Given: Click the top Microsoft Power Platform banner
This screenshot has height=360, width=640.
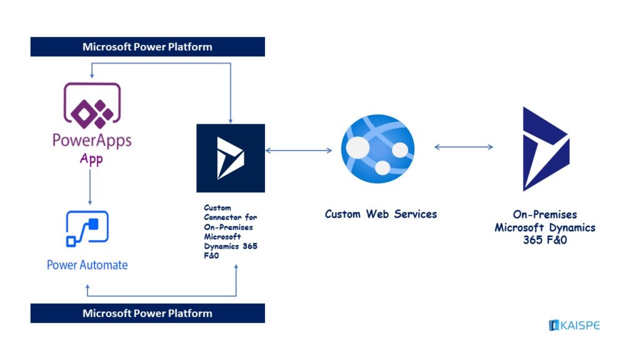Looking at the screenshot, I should [x=147, y=47].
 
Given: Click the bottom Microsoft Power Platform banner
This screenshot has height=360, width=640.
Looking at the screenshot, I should [x=147, y=313].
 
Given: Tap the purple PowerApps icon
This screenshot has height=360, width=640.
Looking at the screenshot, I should [x=92, y=104].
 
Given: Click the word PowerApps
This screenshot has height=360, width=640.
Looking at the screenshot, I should [x=92, y=139].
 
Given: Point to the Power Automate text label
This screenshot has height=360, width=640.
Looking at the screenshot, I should [x=87, y=265].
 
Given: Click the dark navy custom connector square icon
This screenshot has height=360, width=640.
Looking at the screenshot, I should [x=231, y=157].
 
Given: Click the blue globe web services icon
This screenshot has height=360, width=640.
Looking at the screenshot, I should [x=377, y=149].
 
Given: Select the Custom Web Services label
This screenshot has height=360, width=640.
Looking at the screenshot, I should [x=381, y=214].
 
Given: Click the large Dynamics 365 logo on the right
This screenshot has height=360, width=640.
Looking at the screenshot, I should [x=545, y=149].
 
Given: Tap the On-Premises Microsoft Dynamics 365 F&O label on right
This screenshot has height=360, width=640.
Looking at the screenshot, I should [x=545, y=227].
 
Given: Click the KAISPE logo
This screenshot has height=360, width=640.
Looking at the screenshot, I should [x=574, y=325].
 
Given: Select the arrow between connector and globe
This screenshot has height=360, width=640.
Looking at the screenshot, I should [x=299, y=150].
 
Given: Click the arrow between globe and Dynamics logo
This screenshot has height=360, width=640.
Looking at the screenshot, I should [x=464, y=147].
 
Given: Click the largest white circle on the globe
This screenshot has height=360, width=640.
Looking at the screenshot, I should [x=358, y=147].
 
